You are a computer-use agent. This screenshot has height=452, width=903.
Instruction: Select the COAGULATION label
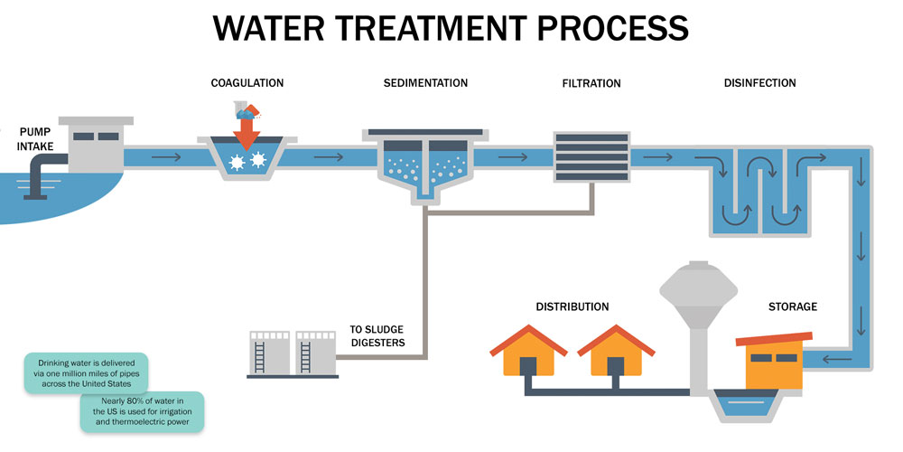point(247,83)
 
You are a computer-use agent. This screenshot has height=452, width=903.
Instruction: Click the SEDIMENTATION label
point(425,83)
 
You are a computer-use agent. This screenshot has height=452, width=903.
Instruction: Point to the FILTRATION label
point(591,83)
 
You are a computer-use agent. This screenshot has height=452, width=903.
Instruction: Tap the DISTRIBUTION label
point(572,307)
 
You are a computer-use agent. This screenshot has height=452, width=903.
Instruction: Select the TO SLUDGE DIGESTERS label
point(377,335)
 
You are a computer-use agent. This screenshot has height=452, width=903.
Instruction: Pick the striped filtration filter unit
point(591,156)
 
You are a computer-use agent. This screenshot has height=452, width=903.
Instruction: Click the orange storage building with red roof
point(773,362)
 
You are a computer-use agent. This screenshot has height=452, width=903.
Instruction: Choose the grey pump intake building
point(94,145)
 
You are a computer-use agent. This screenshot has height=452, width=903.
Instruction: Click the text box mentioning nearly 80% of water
point(142,411)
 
